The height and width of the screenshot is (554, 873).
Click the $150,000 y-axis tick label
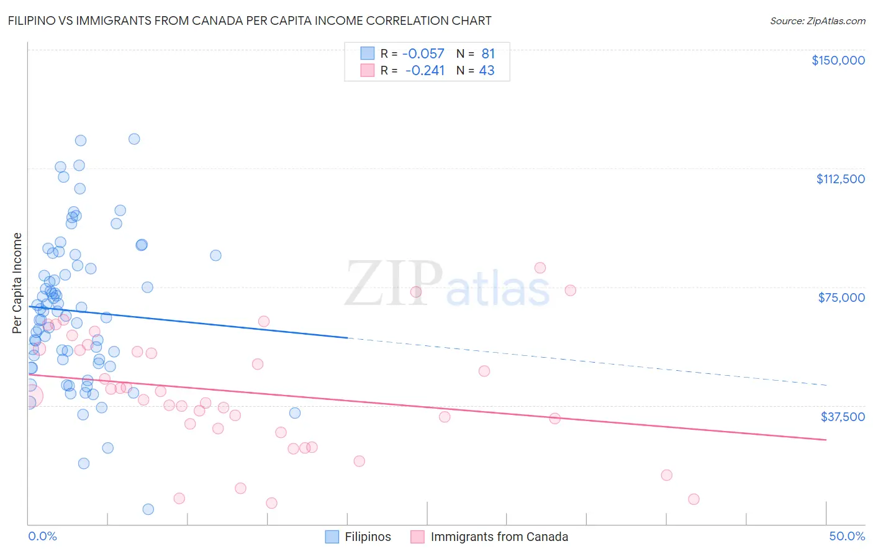(838, 60)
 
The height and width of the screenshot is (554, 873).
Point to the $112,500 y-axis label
(840, 179)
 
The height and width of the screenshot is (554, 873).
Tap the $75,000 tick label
(841, 297)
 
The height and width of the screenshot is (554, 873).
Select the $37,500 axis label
(843, 417)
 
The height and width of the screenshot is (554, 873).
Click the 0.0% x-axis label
(42, 536)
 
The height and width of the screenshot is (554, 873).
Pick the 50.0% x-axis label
(847, 536)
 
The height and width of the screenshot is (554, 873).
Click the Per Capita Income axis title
(17, 283)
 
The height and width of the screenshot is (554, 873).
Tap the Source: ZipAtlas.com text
(817, 20)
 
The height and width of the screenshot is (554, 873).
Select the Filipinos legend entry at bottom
(368, 537)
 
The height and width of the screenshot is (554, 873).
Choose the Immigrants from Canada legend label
(499, 537)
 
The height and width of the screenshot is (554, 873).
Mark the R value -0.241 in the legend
(425, 70)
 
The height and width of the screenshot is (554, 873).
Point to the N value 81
(488, 53)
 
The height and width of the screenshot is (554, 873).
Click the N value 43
(487, 70)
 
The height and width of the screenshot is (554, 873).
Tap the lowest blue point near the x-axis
(148, 509)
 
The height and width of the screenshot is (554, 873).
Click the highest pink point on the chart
(540, 268)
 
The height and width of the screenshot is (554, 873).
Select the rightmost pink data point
(694, 499)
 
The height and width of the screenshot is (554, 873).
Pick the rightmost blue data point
(295, 413)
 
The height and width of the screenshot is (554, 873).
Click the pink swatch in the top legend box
(368, 70)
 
